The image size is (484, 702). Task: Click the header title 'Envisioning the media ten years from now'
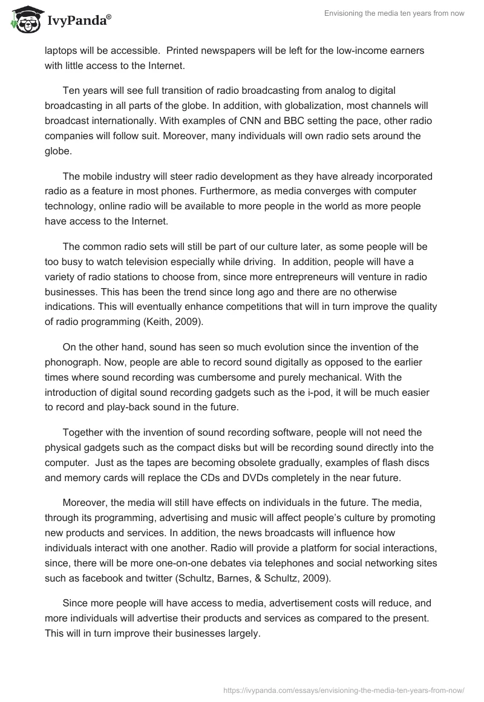(x=393, y=14)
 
